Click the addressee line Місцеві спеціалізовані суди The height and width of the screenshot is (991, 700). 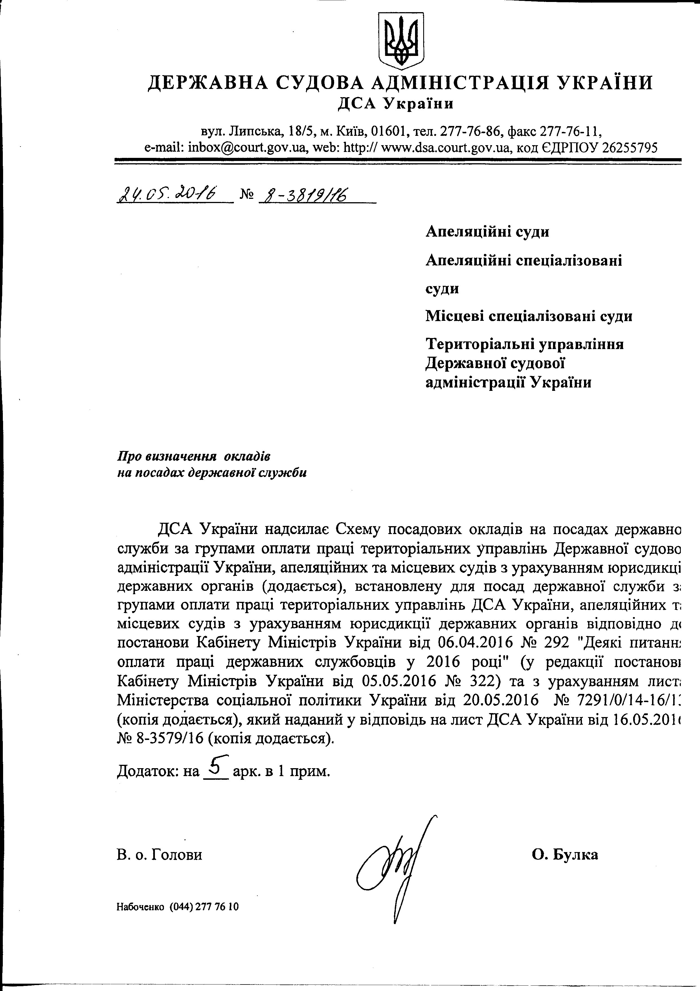point(529,316)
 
